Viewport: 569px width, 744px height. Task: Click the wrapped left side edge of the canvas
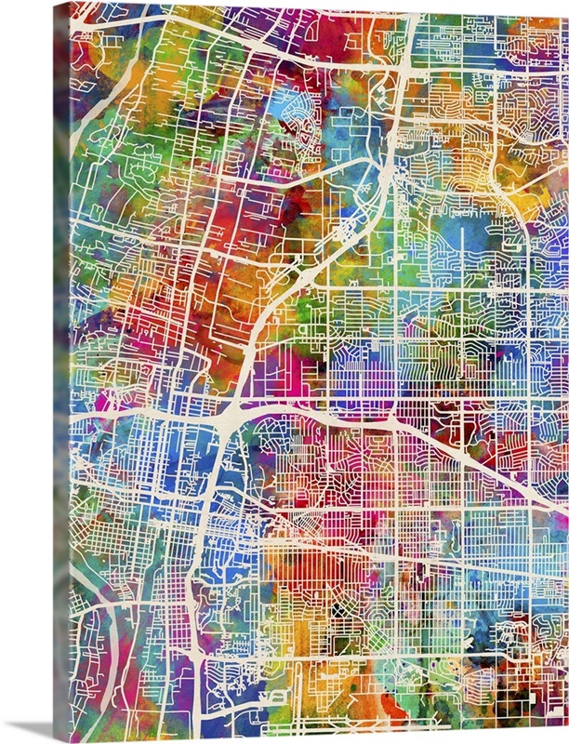tap(61, 372)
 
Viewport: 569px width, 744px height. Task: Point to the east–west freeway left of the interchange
tap(139, 416)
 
